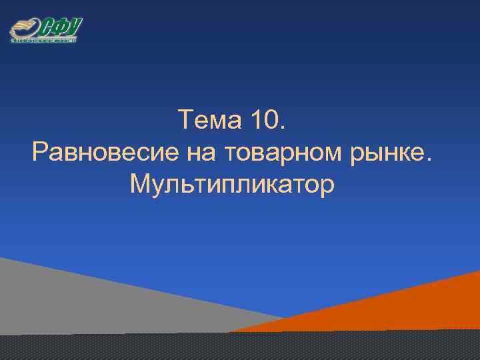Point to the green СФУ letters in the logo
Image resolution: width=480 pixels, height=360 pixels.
click(x=61, y=29)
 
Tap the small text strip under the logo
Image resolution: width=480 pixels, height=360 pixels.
click(x=44, y=41)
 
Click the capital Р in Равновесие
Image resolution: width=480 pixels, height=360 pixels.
click(x=40, y=153)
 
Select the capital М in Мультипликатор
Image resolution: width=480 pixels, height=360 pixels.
click(x=141, y=184)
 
